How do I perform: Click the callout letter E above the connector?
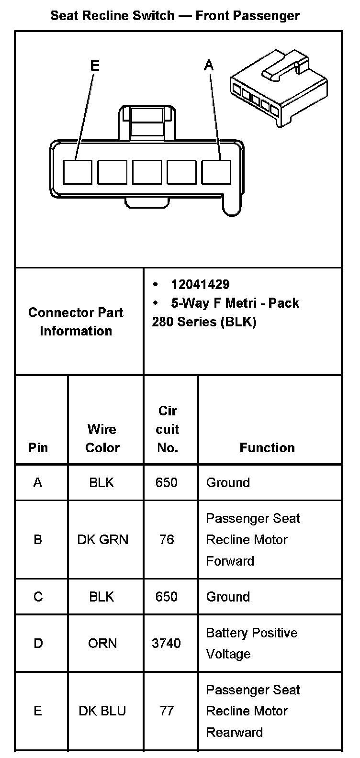[95, 65]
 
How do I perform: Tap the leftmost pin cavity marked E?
[78, 172]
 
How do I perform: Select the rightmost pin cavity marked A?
[216, 172]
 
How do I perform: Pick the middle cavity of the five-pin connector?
[147, 172]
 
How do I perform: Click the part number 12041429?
[200, 284]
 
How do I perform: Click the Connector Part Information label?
[76, 322]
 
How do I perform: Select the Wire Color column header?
[102, 438]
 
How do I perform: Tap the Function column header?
[267, 447]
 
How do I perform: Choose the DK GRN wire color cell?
[103, 540]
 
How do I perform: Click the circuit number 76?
[167, 540]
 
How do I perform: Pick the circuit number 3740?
[167, 643]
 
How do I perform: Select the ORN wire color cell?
[102, 643]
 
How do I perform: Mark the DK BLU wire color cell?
[102, 711]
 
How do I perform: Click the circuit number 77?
[167, 711]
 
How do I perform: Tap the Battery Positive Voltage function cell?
[252, 643]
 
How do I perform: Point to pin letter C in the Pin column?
[38, 597]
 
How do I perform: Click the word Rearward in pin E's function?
[235, 732]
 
